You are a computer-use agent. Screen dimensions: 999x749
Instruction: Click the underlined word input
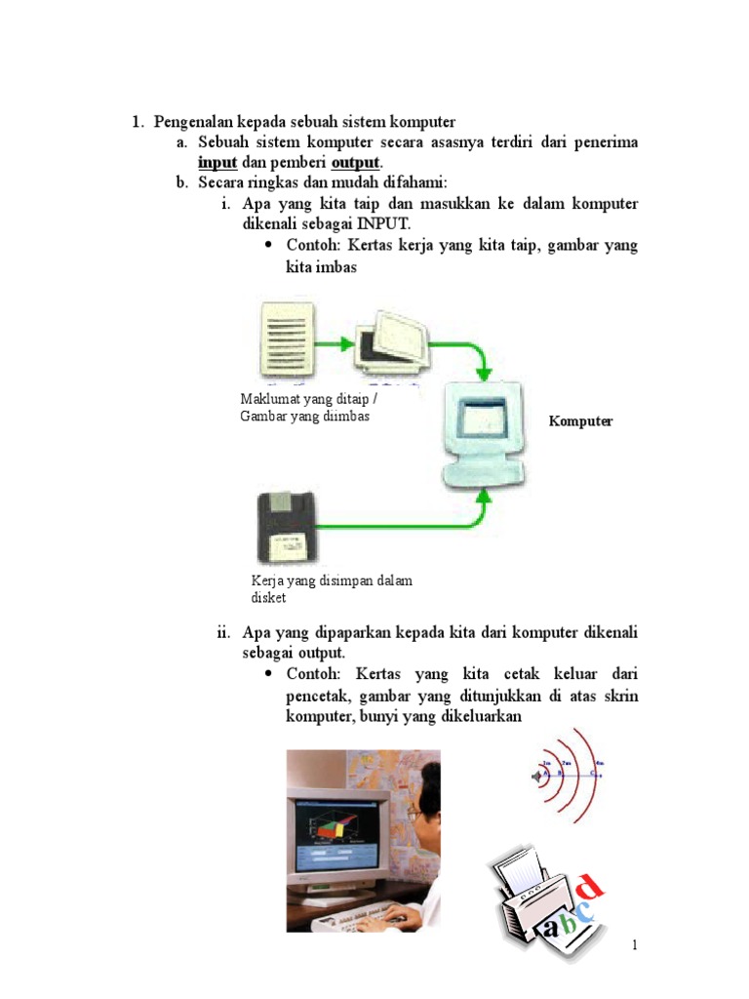click(x=217, y=162)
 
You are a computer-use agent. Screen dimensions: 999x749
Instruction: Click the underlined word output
click(x=356, y=162)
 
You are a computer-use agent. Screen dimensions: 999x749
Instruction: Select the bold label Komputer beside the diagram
click(x=580, y=421)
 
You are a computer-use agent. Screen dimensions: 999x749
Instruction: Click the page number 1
click(x=634, y=945)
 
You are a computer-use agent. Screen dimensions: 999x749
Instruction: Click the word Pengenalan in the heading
click(x=192, y=122)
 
